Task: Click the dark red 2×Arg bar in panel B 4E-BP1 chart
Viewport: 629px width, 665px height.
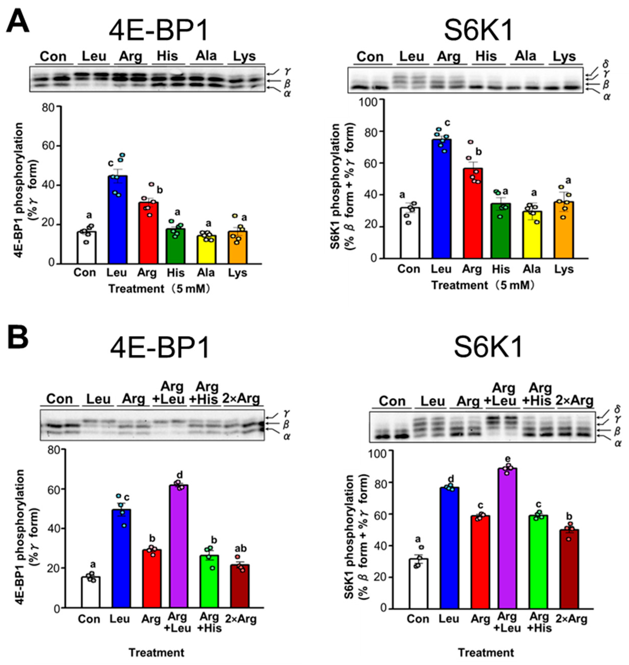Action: [240, 587]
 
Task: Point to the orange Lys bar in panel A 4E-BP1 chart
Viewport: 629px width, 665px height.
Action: [238, 248]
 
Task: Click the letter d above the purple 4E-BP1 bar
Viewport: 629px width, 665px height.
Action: [180, 475]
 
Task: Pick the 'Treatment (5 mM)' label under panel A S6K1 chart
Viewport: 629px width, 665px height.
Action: [482, 285]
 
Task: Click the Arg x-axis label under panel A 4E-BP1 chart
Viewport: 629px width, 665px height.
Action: [147, 273]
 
